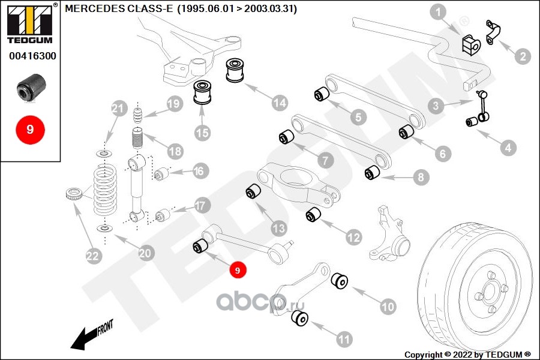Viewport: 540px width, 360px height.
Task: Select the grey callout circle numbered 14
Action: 279,103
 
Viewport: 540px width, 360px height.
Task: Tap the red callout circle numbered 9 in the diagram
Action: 238,271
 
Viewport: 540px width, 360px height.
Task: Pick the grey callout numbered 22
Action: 92,256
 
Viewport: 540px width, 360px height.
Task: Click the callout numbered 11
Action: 343,340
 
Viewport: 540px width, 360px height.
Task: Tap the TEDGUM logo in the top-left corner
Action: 29,22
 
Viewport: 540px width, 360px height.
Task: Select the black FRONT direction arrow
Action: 90,336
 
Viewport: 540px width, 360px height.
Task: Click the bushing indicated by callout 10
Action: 340,280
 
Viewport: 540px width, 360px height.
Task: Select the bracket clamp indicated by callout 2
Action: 493,33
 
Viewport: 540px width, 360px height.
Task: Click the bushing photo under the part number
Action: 29,86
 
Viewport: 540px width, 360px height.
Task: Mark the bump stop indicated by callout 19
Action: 138,115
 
